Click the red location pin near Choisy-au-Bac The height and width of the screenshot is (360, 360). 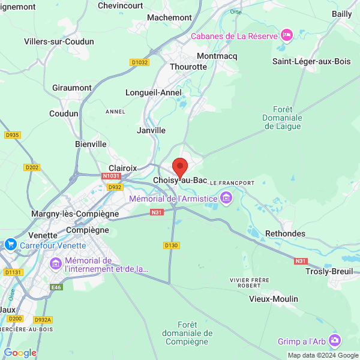click(179, 167)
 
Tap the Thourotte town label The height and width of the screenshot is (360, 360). click(188, 67)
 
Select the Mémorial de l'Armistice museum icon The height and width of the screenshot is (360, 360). click(226, 197)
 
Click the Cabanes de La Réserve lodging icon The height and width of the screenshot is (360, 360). click(287, 35)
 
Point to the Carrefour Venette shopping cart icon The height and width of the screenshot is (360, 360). click(10, 245)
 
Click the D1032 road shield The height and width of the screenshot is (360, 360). click(139, 62)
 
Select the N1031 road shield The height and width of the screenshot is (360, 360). click(111, 176)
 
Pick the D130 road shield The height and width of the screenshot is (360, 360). click(171, 245)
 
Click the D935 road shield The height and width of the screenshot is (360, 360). click(12, 135)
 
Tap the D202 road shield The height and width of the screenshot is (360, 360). click(32, 167)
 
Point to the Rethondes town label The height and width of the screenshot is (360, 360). click(285, 233)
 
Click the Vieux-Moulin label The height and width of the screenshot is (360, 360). click(274, 299)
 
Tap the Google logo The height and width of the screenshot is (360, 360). click(20, 353)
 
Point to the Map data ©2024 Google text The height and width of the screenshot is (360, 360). click(322, 355)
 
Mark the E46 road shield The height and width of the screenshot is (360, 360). click(56, 287)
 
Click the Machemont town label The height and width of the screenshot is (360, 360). click(169, 17)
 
